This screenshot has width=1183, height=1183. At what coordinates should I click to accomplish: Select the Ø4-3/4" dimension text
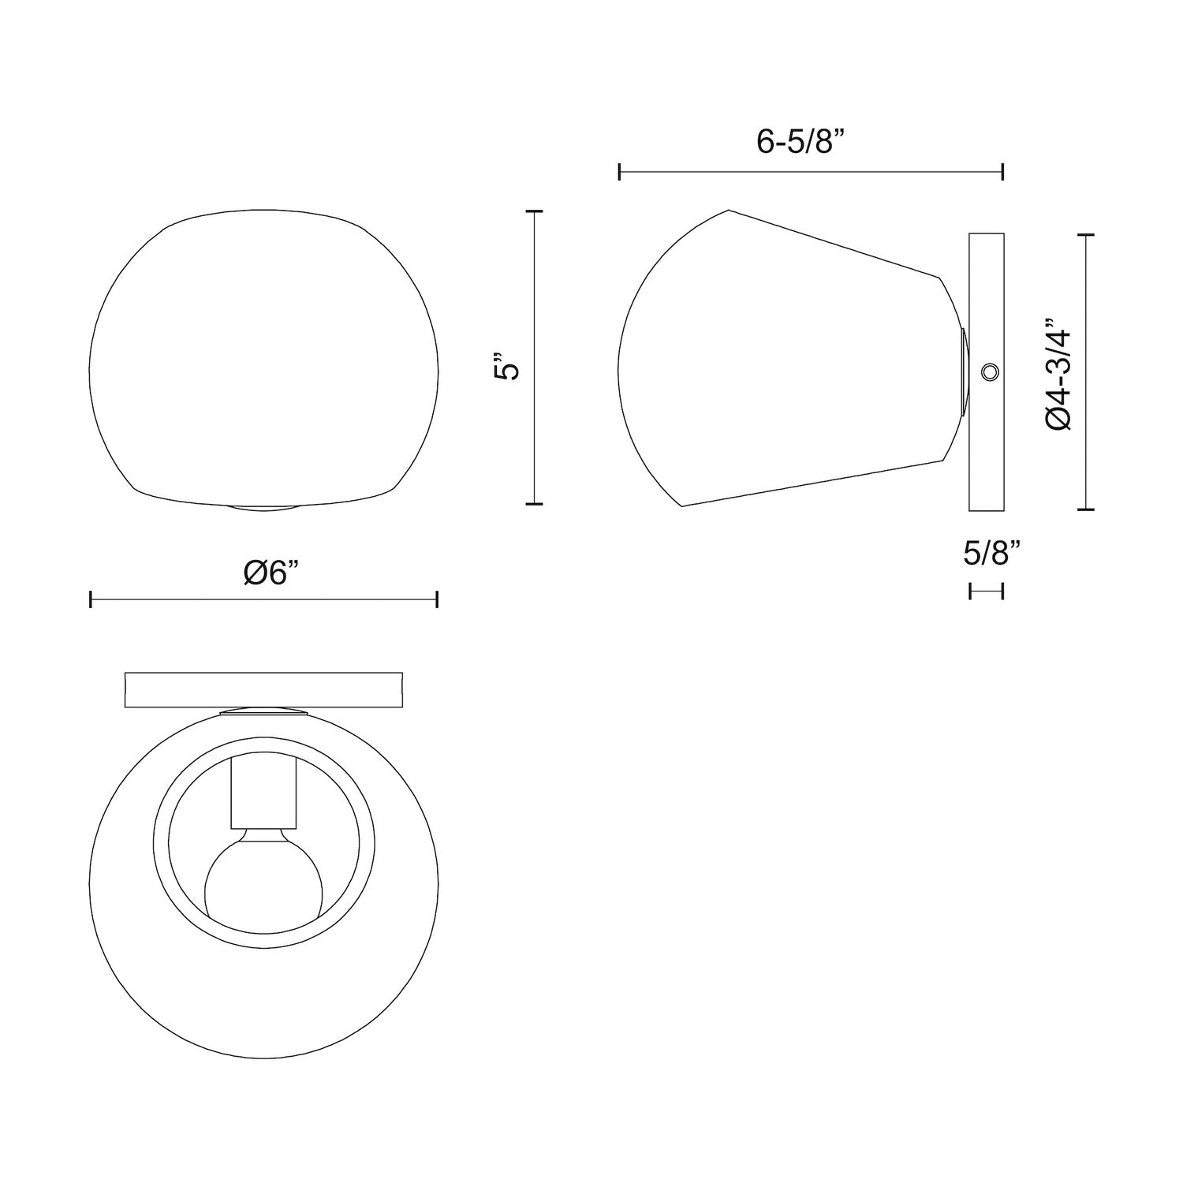coord(1058,374)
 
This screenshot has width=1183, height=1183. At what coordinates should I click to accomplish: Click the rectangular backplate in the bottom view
coord(263,689)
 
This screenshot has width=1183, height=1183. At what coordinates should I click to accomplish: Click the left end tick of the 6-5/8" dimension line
coord(620,171)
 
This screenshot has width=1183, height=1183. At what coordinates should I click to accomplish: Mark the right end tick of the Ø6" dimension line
coord(436,600)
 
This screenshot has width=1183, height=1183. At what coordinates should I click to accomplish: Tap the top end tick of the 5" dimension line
coord(535,211)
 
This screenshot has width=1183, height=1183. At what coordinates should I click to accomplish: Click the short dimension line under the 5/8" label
coord(986,591)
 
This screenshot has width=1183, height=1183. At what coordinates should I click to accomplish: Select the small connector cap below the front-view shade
coord(263,508)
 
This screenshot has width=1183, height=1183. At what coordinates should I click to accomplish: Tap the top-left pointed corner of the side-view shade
coord(727,211)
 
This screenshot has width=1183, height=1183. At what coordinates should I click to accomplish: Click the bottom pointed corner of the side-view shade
coord(682,506)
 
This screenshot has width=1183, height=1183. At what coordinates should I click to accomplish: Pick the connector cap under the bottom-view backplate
coord(263,712)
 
